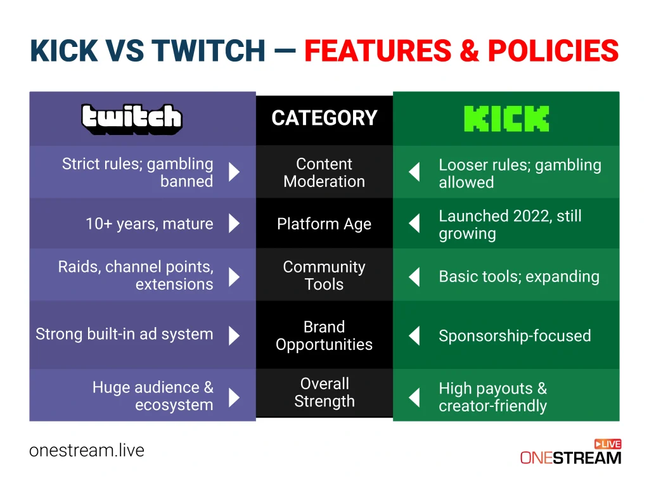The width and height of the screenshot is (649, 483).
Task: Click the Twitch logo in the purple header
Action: [x=132, y=119]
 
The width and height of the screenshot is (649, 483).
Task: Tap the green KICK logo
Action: [x=506, y=119]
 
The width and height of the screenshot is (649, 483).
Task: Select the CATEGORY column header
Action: [x=324, y=119]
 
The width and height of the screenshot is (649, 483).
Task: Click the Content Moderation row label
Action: [x=324, y=172]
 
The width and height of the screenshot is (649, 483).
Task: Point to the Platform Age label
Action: [x=324, y=224]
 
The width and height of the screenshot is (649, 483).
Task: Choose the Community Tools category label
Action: [x=324, y=276]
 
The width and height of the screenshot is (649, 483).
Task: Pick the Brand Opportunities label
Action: [x=324, y=336]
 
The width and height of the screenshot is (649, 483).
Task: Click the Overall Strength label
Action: [x=324, y=392]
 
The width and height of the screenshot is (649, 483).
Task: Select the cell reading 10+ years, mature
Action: [x=150, y=224]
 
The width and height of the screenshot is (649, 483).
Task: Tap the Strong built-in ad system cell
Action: [x=124, y=334]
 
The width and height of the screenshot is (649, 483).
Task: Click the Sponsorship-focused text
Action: [x=515, y=336]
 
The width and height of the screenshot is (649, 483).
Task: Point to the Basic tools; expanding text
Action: [x=518, y=276]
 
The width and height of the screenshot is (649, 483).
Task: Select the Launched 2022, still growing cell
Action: [x=510, y=224]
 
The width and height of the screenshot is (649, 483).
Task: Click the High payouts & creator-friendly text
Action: [x=492, y=397]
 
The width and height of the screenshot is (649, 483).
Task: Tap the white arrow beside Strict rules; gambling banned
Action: [x=234, y=172]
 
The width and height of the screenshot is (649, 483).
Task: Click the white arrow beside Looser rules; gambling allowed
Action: [x=414, y=172]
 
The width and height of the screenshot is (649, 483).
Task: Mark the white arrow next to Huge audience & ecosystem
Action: [x=234, y=397]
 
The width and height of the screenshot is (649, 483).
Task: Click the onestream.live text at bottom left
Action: [x=87, y=451]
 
